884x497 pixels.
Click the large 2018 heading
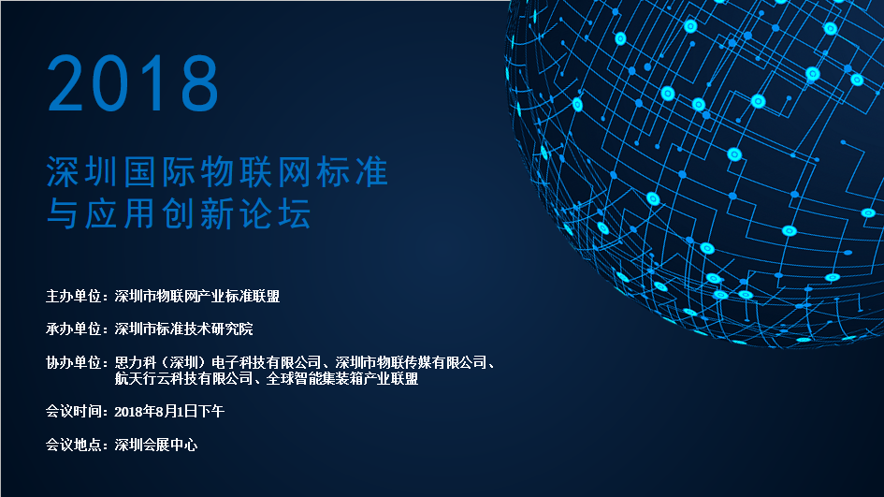(x=133, y=83)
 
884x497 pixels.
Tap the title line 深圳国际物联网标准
(x=217, y=171)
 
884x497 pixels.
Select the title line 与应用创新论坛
(x=179, y=213)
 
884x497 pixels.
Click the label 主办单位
(x=73, y=296)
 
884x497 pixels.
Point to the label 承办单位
(x=73, y=329)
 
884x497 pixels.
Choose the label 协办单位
(x=73, y=362)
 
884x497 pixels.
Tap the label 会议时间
(x=73, y=411)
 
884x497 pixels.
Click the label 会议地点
(x=73, y=445)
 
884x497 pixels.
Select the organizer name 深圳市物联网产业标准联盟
(x=197, y=296)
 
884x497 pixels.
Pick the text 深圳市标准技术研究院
(x=183, y=329)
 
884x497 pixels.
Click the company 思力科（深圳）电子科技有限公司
(x=218, y=362)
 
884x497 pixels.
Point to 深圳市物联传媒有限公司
(x=411, y=362)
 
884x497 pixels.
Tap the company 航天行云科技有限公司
(x=183, y=378)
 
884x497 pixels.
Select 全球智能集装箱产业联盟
(x=342, y=378)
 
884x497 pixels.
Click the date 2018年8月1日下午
(x=169, y=411)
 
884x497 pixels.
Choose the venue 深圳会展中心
(x=156, y=445)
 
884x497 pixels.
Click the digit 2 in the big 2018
(x=65, y=83)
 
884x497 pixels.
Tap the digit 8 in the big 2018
(x=200, y=83)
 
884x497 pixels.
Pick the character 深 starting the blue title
(x=62, y=171)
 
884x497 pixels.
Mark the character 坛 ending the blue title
(x=295, y=213)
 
